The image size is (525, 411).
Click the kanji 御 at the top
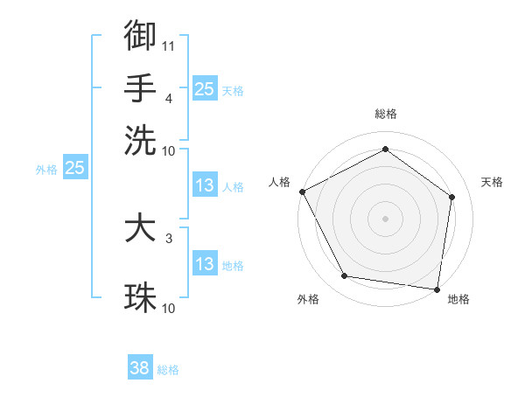[140, 35]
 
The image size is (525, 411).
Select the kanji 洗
[140, 140]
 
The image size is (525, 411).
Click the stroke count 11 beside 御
[168, 45]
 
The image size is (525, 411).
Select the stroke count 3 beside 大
[168, 237]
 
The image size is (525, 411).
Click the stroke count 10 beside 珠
[168, 308]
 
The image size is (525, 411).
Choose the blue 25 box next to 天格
[204, 88]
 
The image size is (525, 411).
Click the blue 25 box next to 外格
[74, 169]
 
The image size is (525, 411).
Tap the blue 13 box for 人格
[204, 185]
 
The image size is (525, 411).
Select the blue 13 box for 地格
[204, 264]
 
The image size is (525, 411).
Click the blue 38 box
[140, 368]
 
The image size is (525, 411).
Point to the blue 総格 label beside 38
[168, 370]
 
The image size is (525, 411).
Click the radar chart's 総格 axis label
[385, 114]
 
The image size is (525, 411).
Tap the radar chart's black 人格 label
[279, 182]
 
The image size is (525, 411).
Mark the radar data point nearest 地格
[437, 289]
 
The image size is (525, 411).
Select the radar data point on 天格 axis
[451, 197]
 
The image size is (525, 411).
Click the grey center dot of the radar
[385, 218]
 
